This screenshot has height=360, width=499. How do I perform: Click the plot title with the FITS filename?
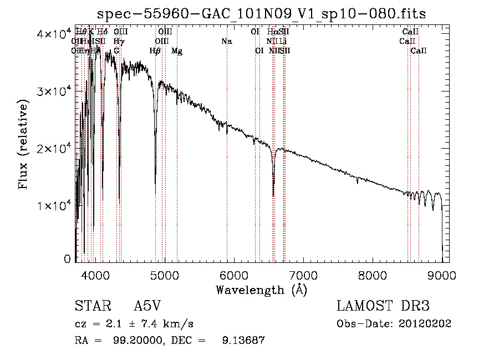tap(261, 14)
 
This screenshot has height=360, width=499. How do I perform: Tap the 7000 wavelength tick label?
tap(303, 275)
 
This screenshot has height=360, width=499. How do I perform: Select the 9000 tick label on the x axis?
tap(442, 275)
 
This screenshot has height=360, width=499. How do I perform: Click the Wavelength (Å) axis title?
tap(261, 290)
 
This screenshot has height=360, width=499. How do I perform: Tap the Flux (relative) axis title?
tap(23, 145)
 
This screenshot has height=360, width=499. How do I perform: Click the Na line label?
tap(226, 42)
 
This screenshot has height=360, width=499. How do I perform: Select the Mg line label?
tap(177, 51)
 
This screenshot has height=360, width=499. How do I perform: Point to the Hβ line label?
tap(155, 51)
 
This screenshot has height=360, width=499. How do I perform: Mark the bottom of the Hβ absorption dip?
tap(155, 183)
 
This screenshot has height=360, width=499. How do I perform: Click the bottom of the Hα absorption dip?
tap(273, 195)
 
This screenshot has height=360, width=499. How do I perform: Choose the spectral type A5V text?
tap(149, 306)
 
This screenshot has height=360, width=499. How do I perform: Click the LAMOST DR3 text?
tap(383, 306)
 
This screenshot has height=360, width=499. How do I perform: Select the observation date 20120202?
tap(427, 323)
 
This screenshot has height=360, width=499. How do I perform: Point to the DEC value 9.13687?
tap(243, 340)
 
